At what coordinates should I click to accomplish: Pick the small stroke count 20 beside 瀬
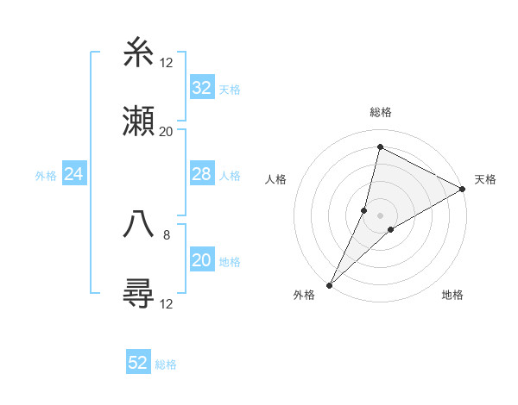click(166, 132)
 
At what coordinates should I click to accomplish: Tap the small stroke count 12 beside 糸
click(166, 63)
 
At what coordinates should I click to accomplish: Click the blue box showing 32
click(201, 87)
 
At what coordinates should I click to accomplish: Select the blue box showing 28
click(201, 175)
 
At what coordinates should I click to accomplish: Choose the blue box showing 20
click(201, 260)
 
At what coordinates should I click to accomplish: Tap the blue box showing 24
click(74, 175)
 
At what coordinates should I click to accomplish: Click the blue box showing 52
click(138, 363)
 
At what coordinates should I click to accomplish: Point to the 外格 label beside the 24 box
click(46, 176)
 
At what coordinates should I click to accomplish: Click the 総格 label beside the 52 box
click(166, 364)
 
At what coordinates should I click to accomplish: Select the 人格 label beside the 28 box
click(230, 176)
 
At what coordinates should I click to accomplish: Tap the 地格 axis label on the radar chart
click(452, 296)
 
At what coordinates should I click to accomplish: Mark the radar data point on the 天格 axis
click(463, 190)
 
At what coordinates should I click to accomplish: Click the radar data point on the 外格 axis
click(329, 284)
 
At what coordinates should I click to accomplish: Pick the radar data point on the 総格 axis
click(379, 146)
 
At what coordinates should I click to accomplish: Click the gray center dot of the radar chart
click(381, 215)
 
